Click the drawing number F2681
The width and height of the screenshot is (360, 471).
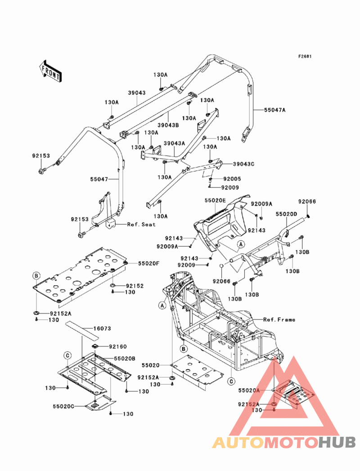point(305,57)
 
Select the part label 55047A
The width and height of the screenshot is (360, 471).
point(274,110)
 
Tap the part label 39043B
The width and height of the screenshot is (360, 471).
point(168,125)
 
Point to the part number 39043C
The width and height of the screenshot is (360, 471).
point(244,164)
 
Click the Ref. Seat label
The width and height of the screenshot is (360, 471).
point(141,224)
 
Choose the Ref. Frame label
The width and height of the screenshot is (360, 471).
point(279,319)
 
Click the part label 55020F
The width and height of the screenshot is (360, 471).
point(149,264)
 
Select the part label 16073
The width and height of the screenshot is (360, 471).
point(102,328)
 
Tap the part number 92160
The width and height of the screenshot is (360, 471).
point(118,347)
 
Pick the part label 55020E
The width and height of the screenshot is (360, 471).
point(215,200)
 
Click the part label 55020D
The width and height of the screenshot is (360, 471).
point(286,214)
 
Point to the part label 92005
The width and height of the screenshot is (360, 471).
point(232,179)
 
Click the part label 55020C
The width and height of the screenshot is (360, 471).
point(63,406)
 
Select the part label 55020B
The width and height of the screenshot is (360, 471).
point(124,359)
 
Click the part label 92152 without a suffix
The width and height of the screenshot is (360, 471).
point(135,286)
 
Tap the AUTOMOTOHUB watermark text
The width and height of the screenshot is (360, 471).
point(284,443)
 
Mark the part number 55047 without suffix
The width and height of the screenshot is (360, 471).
point(99,179)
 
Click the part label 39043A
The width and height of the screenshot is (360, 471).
point(174,144)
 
